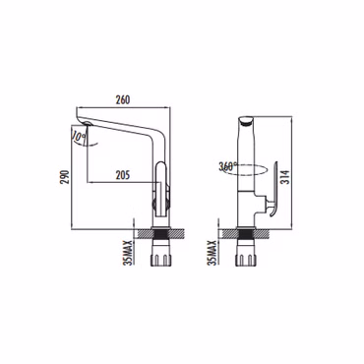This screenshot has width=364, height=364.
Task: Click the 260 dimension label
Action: pyautogui.click(x=123, y=99)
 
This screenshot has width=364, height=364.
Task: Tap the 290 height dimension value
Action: pyautogui.click(x=66, y=177)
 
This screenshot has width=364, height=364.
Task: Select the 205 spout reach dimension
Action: pyautogui.click(x=123, y=175)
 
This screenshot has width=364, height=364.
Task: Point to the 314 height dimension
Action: pyautogui.click(x=286, y=177)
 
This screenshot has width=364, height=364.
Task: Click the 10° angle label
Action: pyautogui.click(x=77, y=137)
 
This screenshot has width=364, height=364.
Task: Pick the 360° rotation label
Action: pyautogui.click(x=228, y=166)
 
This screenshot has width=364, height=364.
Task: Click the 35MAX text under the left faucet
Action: pyautogui.click(x=128, y=253)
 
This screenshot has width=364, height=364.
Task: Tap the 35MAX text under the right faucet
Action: pyautogui.click(x=213, y=253)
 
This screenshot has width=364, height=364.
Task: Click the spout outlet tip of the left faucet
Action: pyautogui.click(x=87, y=124)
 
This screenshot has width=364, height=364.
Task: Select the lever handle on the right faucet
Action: pyautogui.click(x=273, y=189)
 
